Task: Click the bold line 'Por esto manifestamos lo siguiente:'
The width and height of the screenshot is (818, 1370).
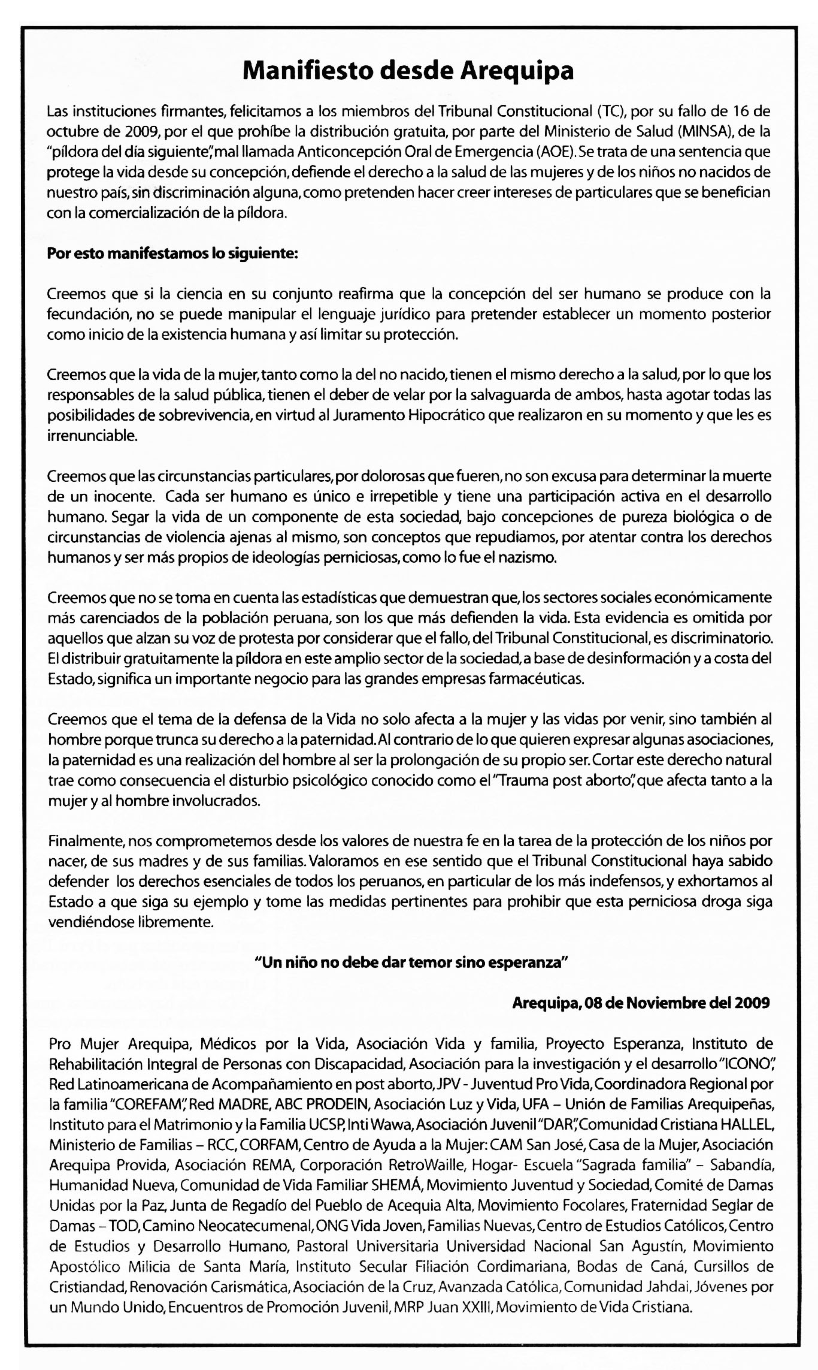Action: click(172, 254)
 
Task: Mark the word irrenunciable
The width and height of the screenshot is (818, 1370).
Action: click(92, 436)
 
